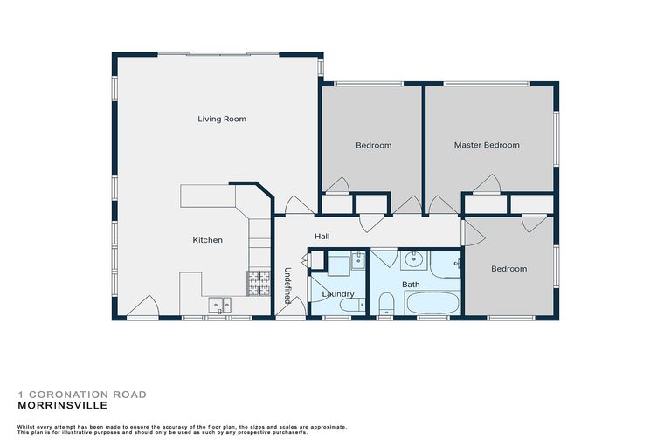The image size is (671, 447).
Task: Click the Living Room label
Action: tap(221, 119)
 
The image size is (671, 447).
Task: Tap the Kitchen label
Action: tap(208, 240)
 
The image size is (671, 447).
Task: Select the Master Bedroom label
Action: tap(487, 145)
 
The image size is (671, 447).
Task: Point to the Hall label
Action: tap(322, 237)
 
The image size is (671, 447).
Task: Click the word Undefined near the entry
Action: tap(287, 285)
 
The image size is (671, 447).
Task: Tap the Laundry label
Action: tap(336, 294)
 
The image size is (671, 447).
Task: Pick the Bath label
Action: tap(411, 285)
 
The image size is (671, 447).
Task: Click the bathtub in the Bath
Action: tap(431, 305)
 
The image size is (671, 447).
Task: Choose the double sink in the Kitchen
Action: tap(219, 305)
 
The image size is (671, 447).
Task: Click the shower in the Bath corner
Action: tap(446, 263)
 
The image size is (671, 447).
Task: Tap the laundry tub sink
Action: tap(358, 259)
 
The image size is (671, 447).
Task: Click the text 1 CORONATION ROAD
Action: tap(82, 395)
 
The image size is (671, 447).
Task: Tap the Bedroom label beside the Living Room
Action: tap(373, 145)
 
